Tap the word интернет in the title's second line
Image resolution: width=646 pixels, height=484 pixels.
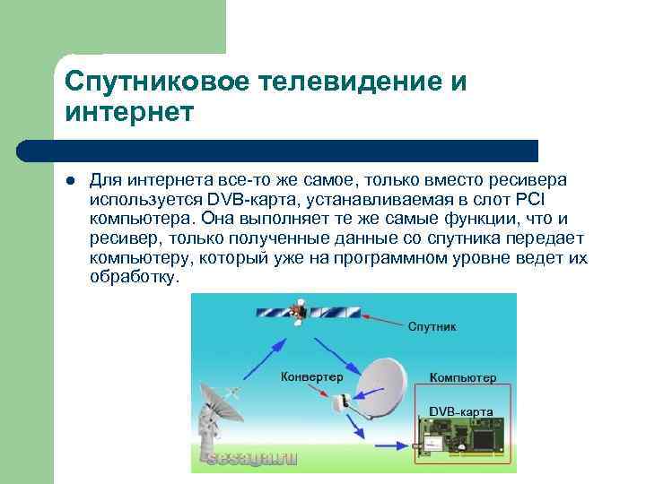(x=128, y=113)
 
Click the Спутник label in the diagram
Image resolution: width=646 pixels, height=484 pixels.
(x=432, y=327)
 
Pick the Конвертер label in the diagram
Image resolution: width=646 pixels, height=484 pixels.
(x=311, y=376)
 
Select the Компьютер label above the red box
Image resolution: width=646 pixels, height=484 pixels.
(x=462, y=378)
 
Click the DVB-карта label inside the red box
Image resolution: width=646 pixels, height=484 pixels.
(x=461, y=411)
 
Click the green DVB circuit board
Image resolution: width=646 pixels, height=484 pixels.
(x=460, y=438)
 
